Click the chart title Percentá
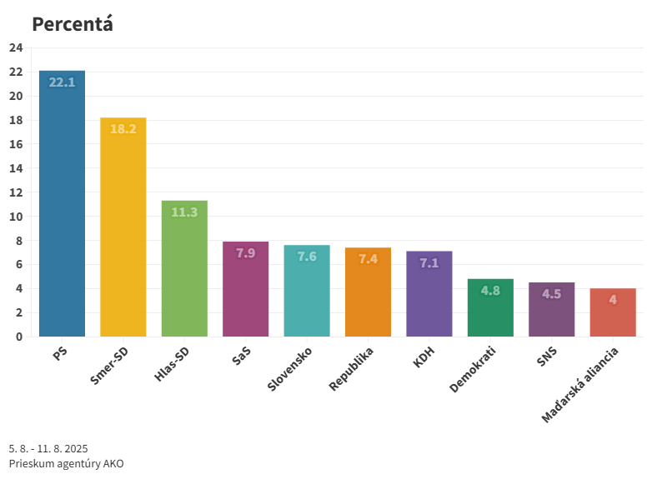(x=73, y=24)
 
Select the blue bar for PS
(x=62, y=208)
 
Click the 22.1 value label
(x=62, y=82)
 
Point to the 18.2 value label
(x=123, y=129)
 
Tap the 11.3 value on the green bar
(x=184, y=212)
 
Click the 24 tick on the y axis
(x=16, y=47)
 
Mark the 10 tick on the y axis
(x=16, y=217)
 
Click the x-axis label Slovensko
(x=290, y=369)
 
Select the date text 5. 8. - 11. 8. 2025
(x=48, y=448)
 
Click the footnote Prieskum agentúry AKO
(x=66, y=463)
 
